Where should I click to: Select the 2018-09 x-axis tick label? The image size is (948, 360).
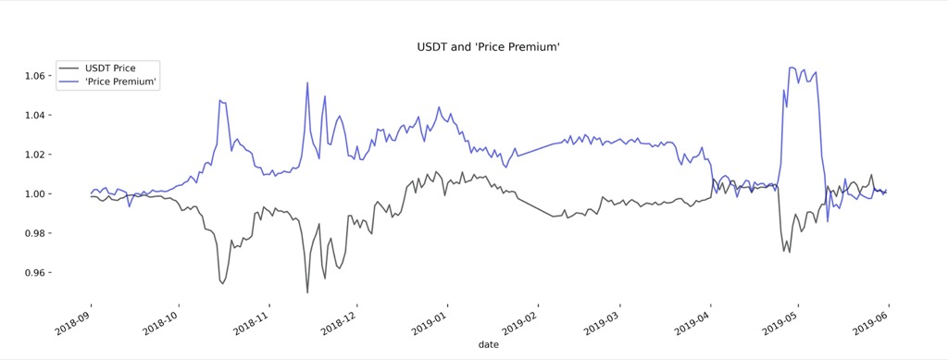(x=75, y=320)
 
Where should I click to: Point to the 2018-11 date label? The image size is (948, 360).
(x=252, y=320)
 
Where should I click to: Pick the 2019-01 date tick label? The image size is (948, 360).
(x=430, y=320)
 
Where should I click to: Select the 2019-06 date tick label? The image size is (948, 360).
(x=870, y=320)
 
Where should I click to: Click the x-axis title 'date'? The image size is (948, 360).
(x=488, y=344)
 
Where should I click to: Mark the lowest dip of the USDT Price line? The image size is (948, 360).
(x=307, y=292)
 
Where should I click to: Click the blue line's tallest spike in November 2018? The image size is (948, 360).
(x=307, y=82)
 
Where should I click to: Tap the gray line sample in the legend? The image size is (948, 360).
(x=69, y=68)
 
